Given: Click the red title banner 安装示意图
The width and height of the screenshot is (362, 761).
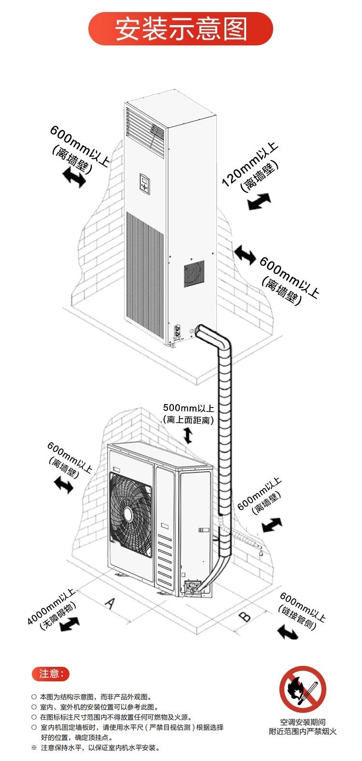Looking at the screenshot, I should tap(181, 28).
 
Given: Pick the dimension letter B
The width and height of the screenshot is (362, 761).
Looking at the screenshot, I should tap(245, 616).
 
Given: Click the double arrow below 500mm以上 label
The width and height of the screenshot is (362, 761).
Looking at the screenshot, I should tap(188, 436).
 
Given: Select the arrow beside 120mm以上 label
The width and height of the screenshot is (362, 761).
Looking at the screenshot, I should tap(259, 201).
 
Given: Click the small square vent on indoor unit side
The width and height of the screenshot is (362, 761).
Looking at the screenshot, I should tap(194, 272).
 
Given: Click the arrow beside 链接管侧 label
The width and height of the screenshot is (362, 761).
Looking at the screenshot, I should tap(288, 630).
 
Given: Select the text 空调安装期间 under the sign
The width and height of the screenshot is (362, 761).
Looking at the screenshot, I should tap(303, 723).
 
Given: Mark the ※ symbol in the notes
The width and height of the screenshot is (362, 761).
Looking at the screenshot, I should tap(34, 748).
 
